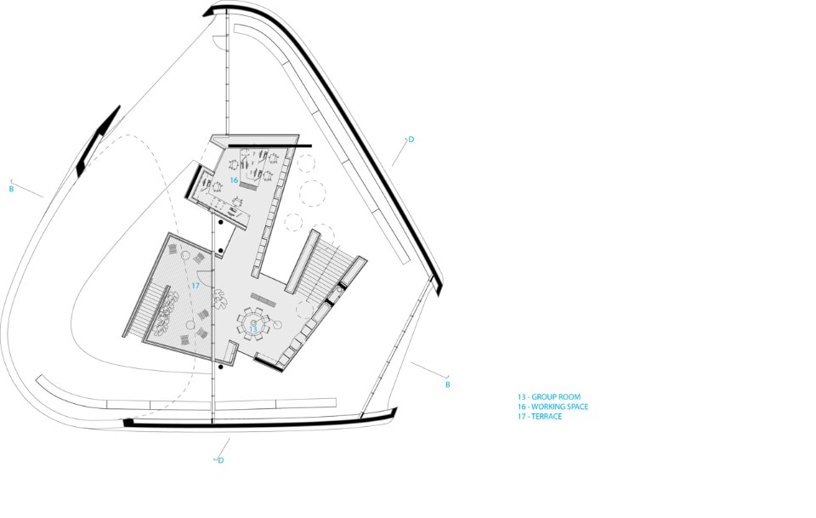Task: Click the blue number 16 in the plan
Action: (234, 180)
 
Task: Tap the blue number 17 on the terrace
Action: (195, 286)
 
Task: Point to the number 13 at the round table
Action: (253, 329)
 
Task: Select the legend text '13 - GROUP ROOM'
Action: (548, 396)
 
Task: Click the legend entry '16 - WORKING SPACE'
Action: (552, 407)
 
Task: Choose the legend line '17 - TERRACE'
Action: (540, 417)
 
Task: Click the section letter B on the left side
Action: (11, 189)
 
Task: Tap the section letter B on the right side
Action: (448, 384)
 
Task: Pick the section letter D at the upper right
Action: (411, 139)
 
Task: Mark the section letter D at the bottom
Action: (221, 460)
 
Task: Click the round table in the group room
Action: (253, 323)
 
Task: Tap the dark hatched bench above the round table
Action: (263, 299)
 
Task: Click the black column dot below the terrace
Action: (221, 367)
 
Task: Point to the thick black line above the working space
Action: (270, 145)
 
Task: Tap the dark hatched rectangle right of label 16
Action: (250, 185)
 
